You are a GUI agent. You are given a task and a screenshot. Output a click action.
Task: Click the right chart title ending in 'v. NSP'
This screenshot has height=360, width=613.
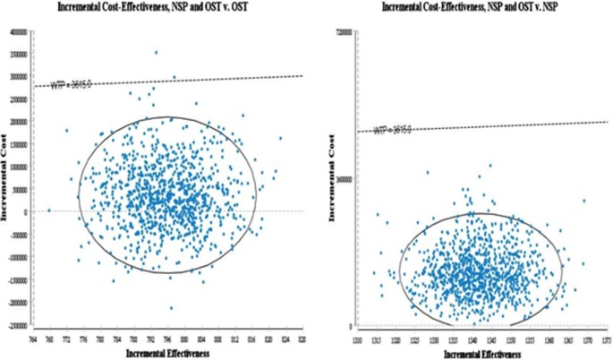click(x=469, y=7)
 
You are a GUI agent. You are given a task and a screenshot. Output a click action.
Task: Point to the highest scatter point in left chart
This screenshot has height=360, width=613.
click(x=156, y=52)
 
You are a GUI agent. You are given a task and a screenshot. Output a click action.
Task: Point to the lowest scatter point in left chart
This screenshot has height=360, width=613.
click(x=171, y=308)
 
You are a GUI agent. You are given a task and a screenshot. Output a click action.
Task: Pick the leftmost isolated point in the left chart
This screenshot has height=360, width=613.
click(x=49, y=210)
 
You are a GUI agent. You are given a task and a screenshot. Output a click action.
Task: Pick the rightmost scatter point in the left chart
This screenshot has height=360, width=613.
click(x=280, y=138)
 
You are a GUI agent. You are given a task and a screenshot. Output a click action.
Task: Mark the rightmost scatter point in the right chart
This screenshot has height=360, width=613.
click(x=584, y=201)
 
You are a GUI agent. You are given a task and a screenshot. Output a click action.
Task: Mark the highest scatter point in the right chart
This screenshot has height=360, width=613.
click(x=490, y=165)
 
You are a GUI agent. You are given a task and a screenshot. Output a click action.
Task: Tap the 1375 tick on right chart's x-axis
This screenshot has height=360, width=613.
click(x=607, y=339)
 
